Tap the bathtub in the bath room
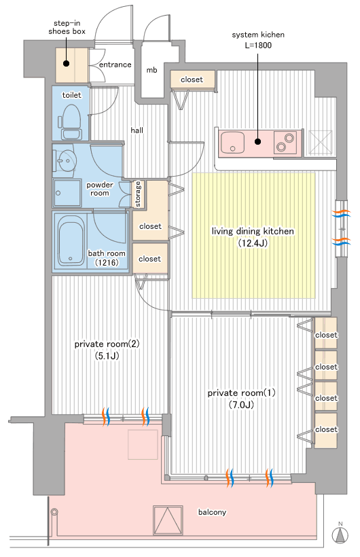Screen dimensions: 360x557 pyautogui.click(x=71, y=241)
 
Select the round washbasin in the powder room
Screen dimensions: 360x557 pyautogui.click(x=66, y=161)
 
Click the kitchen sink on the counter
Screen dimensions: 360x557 pyautogui.click(x=232, y=143)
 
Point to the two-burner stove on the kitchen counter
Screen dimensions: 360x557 pyautogui.click(x=285, y=143)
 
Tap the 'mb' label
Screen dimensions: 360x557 pyautogui.click(x=151, y=71)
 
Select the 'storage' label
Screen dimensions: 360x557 pyautogui.click(x=138, y=194)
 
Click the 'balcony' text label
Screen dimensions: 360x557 pyautogui.click(x=212, y=512)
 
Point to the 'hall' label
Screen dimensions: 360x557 pyautogui.click(x=137, y=130)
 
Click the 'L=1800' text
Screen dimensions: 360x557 pyautogui.click(x=258, y=45)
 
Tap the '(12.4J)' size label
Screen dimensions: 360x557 pyautogui.click(x=253, y=243)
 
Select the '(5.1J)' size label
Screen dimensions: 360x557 pyautogui.click(x=107, y=355)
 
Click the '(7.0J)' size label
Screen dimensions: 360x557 pyautogui.click(x=241, y=404)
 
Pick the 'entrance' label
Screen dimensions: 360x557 pyautogui.click(x=115, y=65)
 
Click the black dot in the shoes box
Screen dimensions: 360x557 pyautogui.click(x=66, y=64)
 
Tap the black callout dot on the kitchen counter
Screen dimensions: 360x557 pyautogui.click(x=258, y=141)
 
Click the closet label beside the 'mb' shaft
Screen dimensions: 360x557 pyautogui.click(x=192, y=79)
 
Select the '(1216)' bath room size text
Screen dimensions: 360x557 pyautogui.click(x=107, y=262)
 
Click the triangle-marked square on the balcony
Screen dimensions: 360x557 pyautogui.click(x=168, y=520)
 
